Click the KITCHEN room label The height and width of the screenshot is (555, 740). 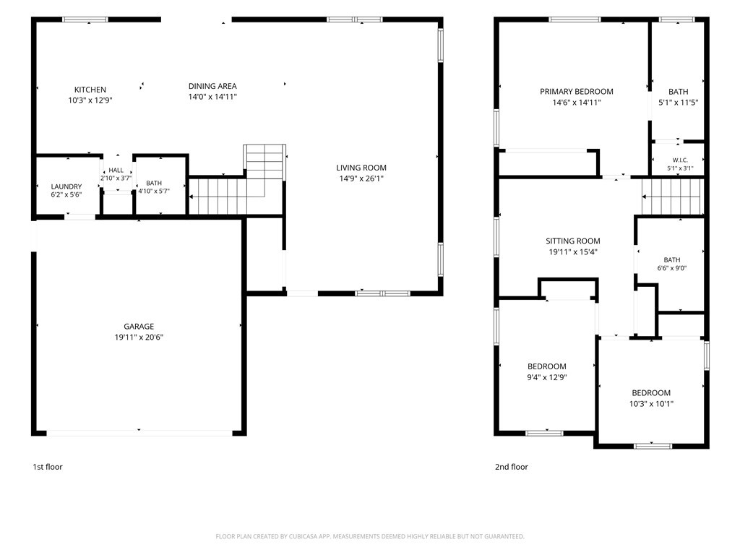[90, 90]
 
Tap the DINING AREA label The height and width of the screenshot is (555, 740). [212, 86]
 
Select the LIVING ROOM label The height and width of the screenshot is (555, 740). [361, 168]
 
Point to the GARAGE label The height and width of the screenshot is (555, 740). [139, 326]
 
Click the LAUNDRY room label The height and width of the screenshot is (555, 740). [66, 186]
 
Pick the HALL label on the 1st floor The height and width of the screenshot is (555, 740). [116, 170]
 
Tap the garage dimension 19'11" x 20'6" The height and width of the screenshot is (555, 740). [139, 337]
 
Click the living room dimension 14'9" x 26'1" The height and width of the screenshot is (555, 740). [361, 178]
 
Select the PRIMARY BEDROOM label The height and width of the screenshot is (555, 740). [576, 92]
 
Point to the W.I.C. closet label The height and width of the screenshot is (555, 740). [680, 160]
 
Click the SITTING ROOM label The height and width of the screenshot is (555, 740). [573, 241]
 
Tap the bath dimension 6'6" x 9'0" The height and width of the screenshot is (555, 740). [672, 268]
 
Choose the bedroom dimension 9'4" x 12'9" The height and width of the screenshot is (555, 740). [547, 377]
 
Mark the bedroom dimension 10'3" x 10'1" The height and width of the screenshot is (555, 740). [651, 403]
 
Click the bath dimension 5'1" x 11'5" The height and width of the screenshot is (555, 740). [678, 102]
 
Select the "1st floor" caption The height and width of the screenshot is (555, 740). [47, 467]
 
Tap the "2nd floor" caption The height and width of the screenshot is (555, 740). [511, 467]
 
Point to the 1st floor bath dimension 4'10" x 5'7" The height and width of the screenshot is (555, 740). [154, 191]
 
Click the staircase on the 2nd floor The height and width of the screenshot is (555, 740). [672, 197]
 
